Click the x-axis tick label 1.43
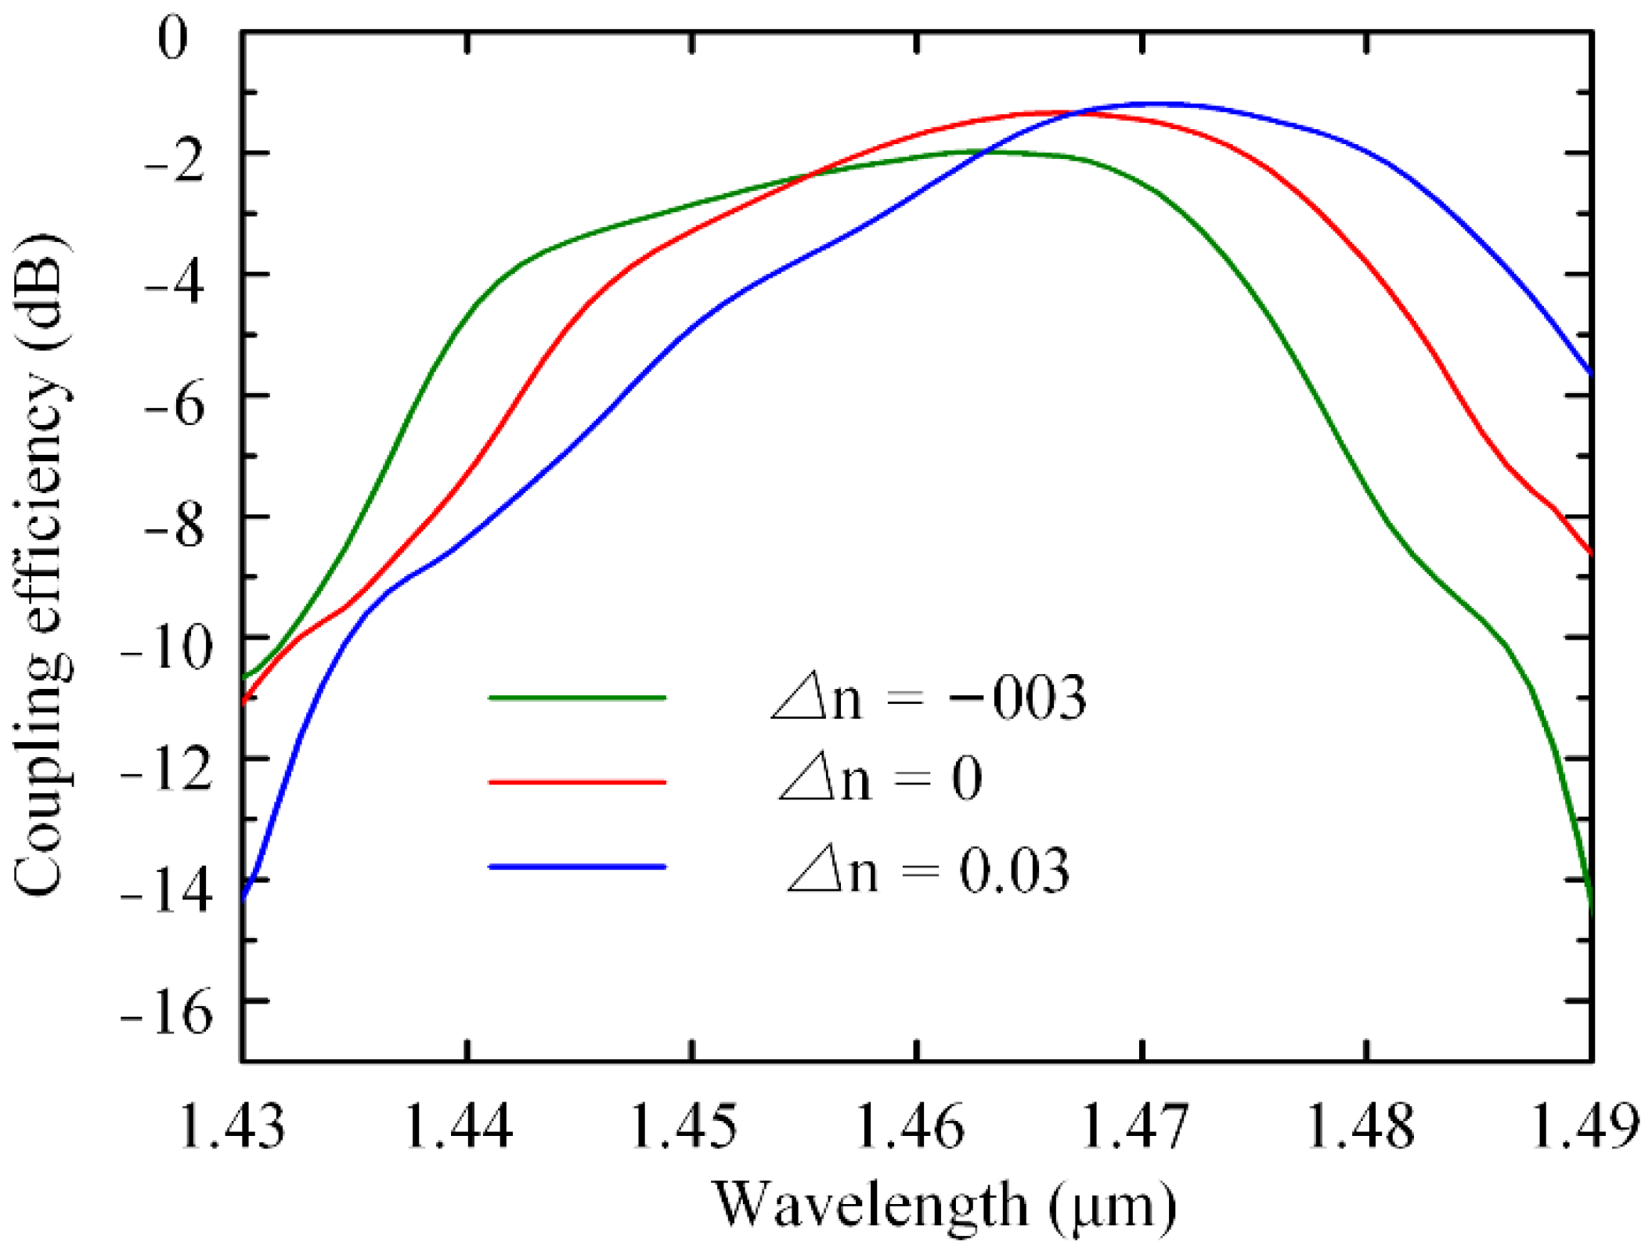pos(233,1127)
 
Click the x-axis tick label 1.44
pos(459,1127)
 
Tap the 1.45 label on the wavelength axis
pos(684,1127)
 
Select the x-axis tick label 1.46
pos(911,1127)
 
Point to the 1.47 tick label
pos(1136,1127)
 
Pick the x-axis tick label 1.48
pos(1362,1127)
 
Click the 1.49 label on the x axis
pos(1585,1127)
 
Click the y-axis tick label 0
pos(173,38)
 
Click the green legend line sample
pos(577,697)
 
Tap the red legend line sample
pos(577,781)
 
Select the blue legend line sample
pos(577,867)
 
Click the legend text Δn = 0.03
pos(929,871)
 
